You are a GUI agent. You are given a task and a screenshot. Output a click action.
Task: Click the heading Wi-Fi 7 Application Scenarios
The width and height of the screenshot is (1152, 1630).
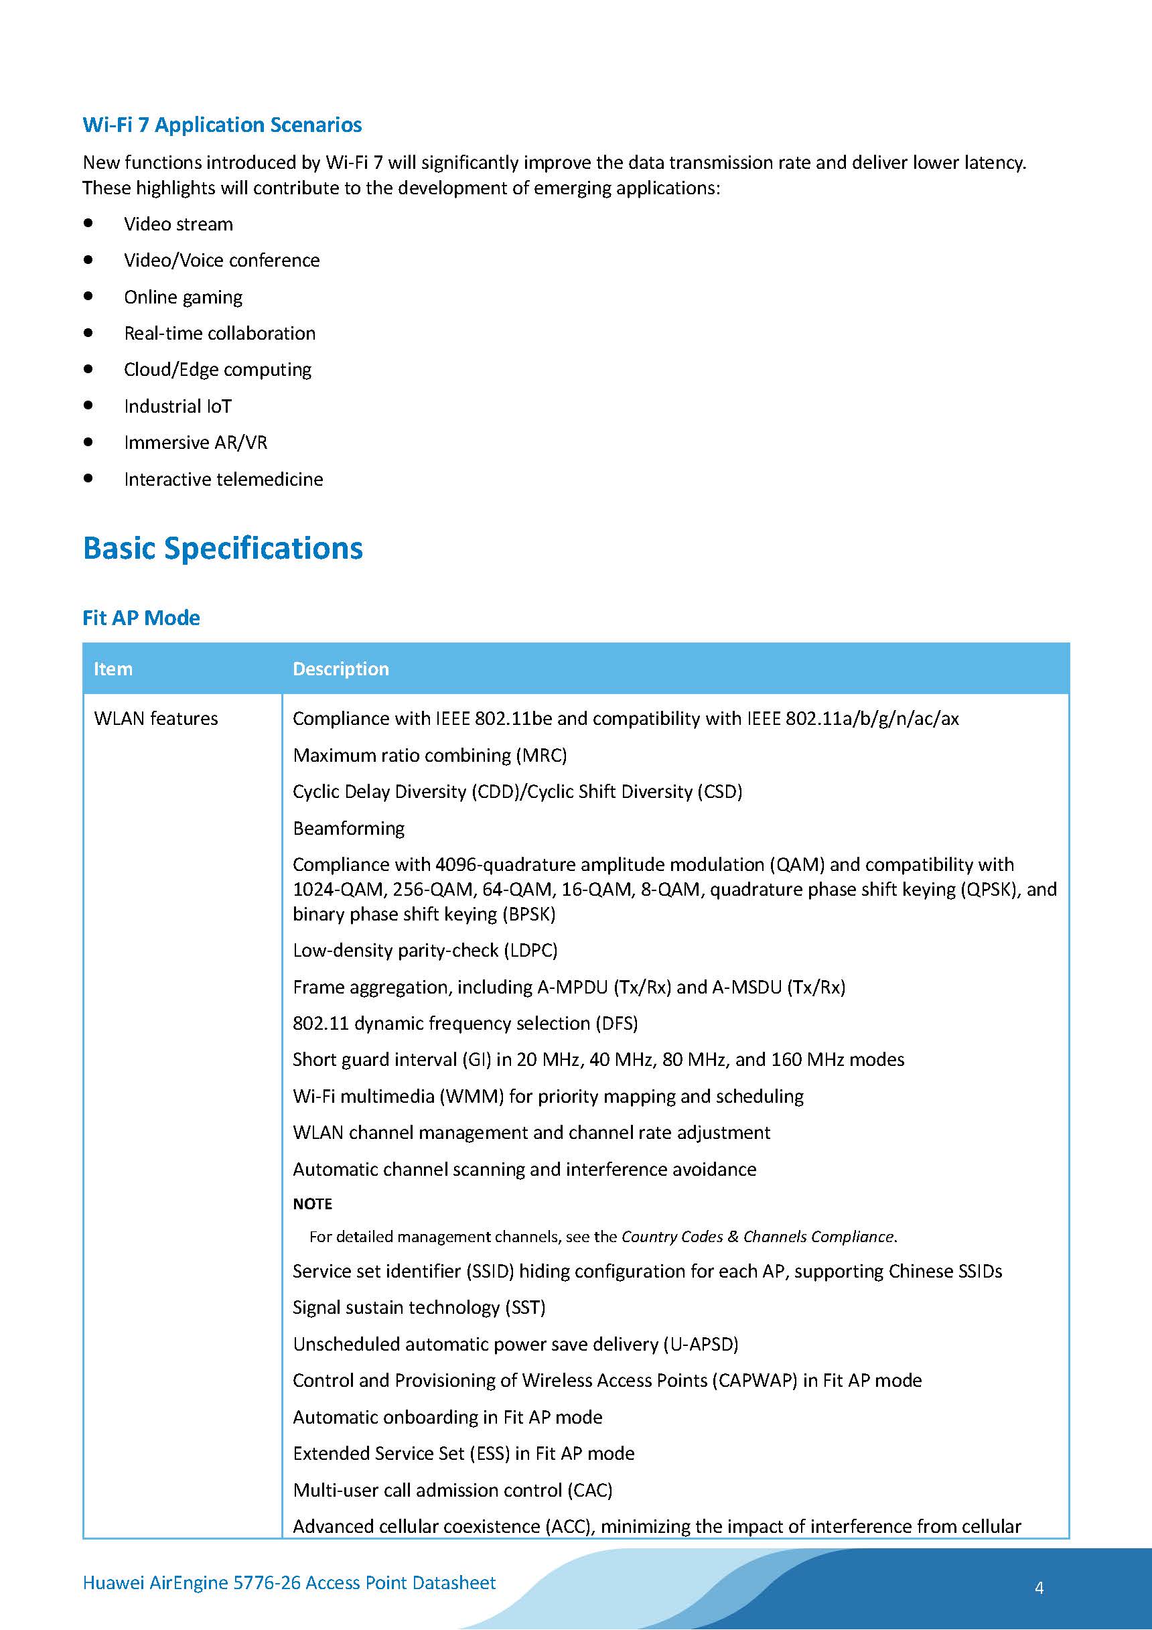coord(222,125)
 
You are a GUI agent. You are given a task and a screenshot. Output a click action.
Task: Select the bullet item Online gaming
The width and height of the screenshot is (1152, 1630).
coord(183,297)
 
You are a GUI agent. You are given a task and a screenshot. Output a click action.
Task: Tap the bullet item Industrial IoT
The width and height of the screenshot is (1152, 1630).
coord(177,406)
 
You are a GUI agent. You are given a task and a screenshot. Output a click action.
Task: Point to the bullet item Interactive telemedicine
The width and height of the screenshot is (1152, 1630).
coord(223,479)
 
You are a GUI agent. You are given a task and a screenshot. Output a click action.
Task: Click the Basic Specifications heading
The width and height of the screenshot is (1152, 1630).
coord(223,548)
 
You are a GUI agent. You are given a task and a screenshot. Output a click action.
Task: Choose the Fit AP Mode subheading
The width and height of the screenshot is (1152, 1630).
coord(141,618)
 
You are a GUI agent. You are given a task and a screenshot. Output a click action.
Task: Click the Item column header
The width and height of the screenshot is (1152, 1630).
coord(113,669)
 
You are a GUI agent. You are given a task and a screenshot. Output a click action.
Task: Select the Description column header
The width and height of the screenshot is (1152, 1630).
coord(341,669)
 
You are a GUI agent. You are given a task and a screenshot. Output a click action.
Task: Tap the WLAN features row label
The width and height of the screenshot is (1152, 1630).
coord(156,718)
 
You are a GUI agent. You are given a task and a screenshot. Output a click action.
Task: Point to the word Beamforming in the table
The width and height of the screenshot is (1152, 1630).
coord(348,829)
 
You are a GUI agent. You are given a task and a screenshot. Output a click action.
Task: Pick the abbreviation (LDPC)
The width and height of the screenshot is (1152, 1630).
coord(530,951)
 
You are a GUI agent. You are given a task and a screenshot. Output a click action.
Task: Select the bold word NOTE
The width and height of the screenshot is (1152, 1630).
coord(312,1204)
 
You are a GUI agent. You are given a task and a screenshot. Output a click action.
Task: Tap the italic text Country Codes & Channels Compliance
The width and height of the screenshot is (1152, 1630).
coord(758,1237)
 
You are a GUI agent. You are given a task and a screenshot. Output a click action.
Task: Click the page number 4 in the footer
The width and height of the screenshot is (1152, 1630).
coord(1039,1588)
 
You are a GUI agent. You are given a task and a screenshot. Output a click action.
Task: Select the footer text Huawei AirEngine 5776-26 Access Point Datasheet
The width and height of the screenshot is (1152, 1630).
coord(289,1582)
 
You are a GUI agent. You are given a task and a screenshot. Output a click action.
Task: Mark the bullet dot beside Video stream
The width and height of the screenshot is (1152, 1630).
coord(88,223)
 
